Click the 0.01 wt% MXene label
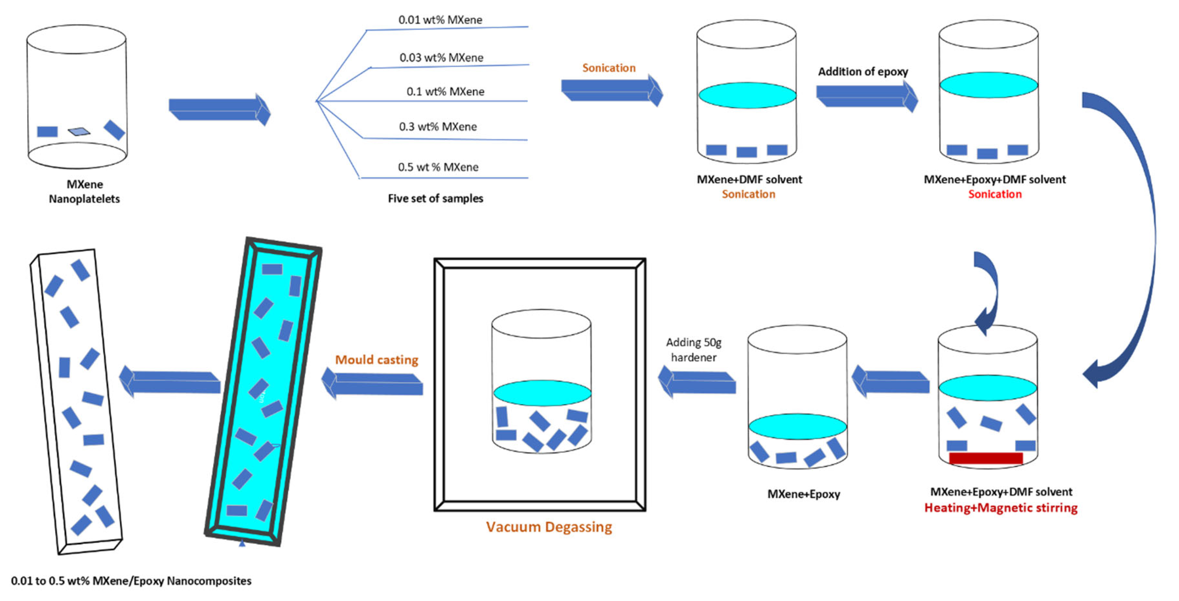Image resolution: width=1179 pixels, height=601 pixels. point(440,20)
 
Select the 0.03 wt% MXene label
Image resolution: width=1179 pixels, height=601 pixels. point(441,58)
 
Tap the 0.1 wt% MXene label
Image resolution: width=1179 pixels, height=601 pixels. point(445,92)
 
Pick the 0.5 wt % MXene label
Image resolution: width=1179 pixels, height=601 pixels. point(438,167)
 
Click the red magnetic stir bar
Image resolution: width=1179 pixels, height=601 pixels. point(986,458)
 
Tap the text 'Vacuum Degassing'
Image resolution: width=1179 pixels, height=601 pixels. point(549,527)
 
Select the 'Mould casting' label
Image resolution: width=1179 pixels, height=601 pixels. point(377,360)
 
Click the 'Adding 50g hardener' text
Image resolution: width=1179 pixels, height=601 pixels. point(693,350)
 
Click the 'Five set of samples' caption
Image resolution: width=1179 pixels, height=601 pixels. point(435,198)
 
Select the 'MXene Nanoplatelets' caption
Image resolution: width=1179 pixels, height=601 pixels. point(85,191)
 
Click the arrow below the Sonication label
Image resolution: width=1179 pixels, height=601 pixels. point(612,90)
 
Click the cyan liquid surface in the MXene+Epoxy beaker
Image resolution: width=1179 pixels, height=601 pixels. point(797,426)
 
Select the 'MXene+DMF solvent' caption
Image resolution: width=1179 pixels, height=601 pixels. point(749,179)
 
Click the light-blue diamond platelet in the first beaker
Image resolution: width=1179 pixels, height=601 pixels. point(79,132)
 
